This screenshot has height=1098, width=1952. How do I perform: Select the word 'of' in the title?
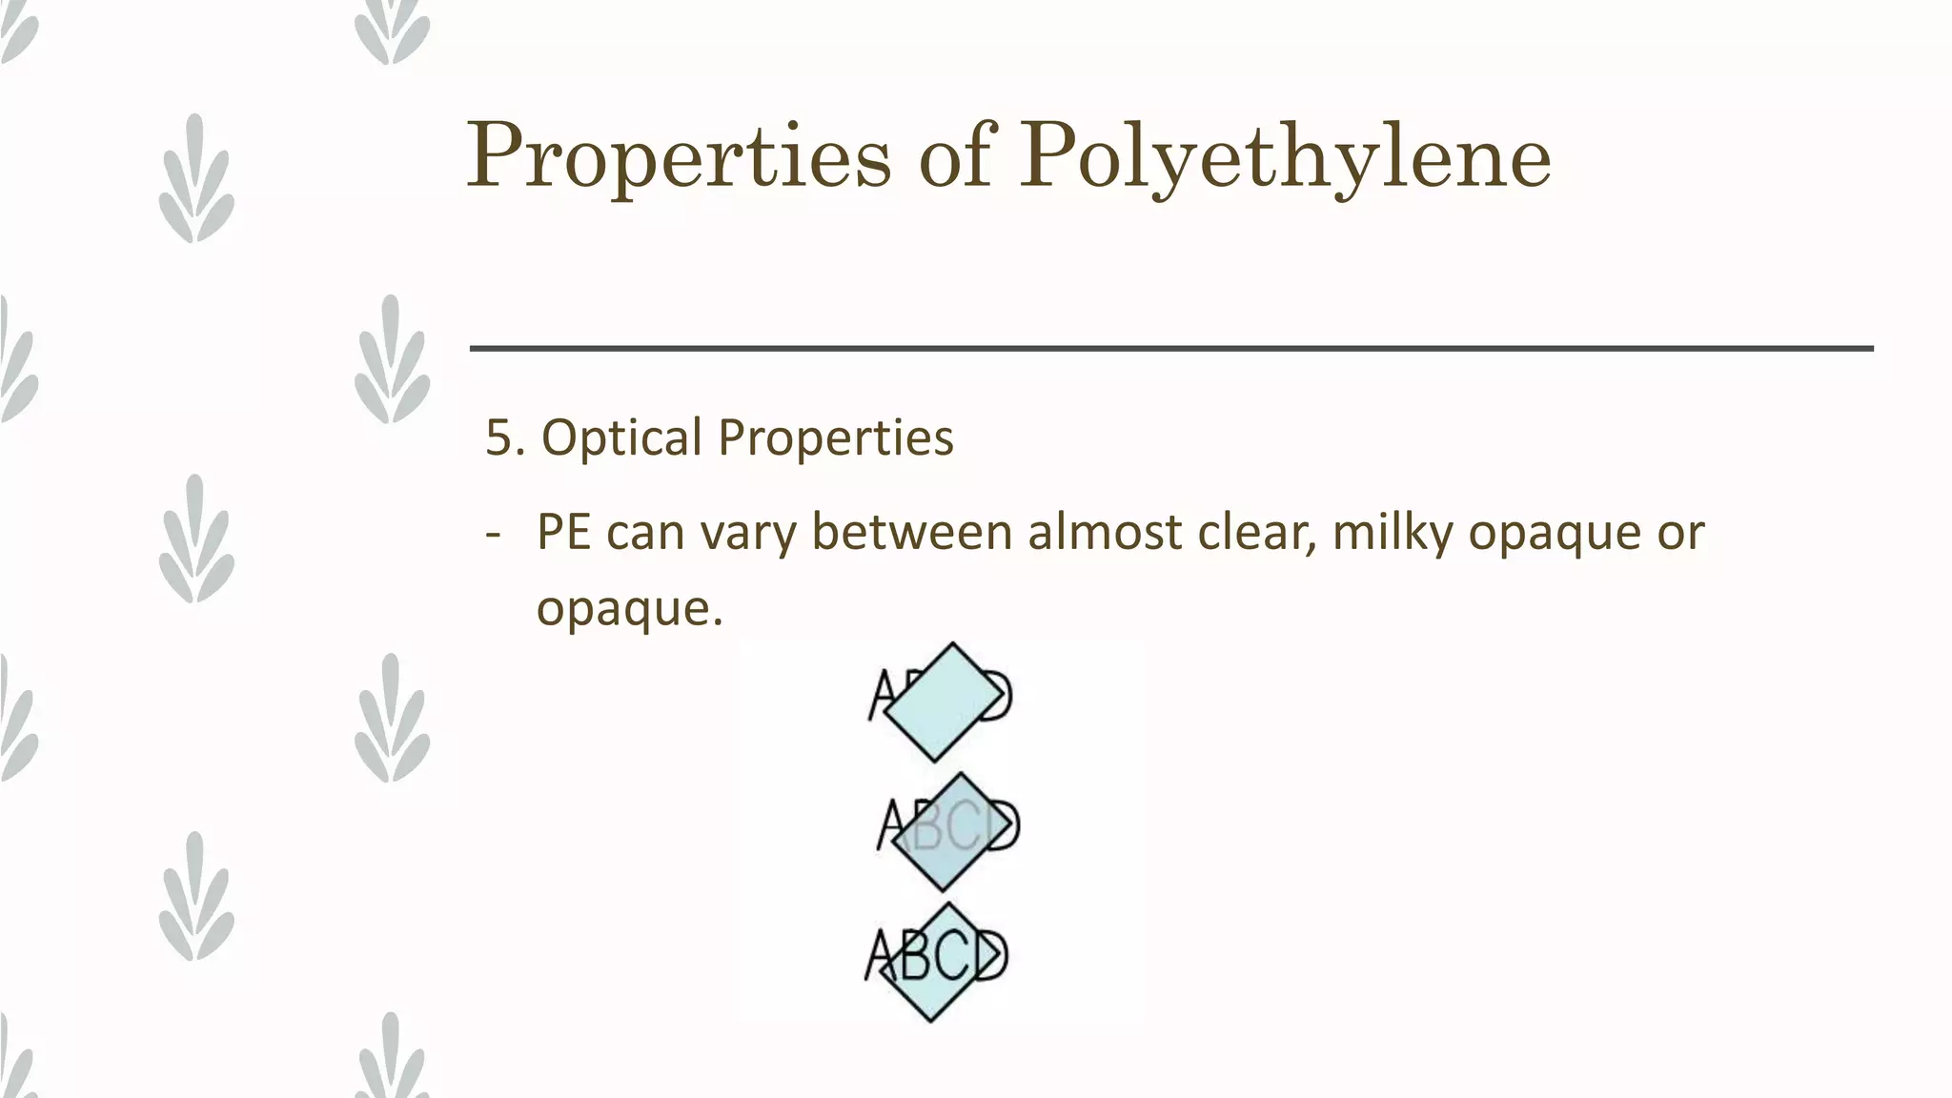(955, 154)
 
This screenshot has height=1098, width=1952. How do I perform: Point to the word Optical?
(621, 438)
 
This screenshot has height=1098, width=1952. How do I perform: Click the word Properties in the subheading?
(835, 438)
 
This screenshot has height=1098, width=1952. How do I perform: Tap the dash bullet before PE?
(493, 534)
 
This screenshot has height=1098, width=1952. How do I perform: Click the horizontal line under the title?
(1170, 349)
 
